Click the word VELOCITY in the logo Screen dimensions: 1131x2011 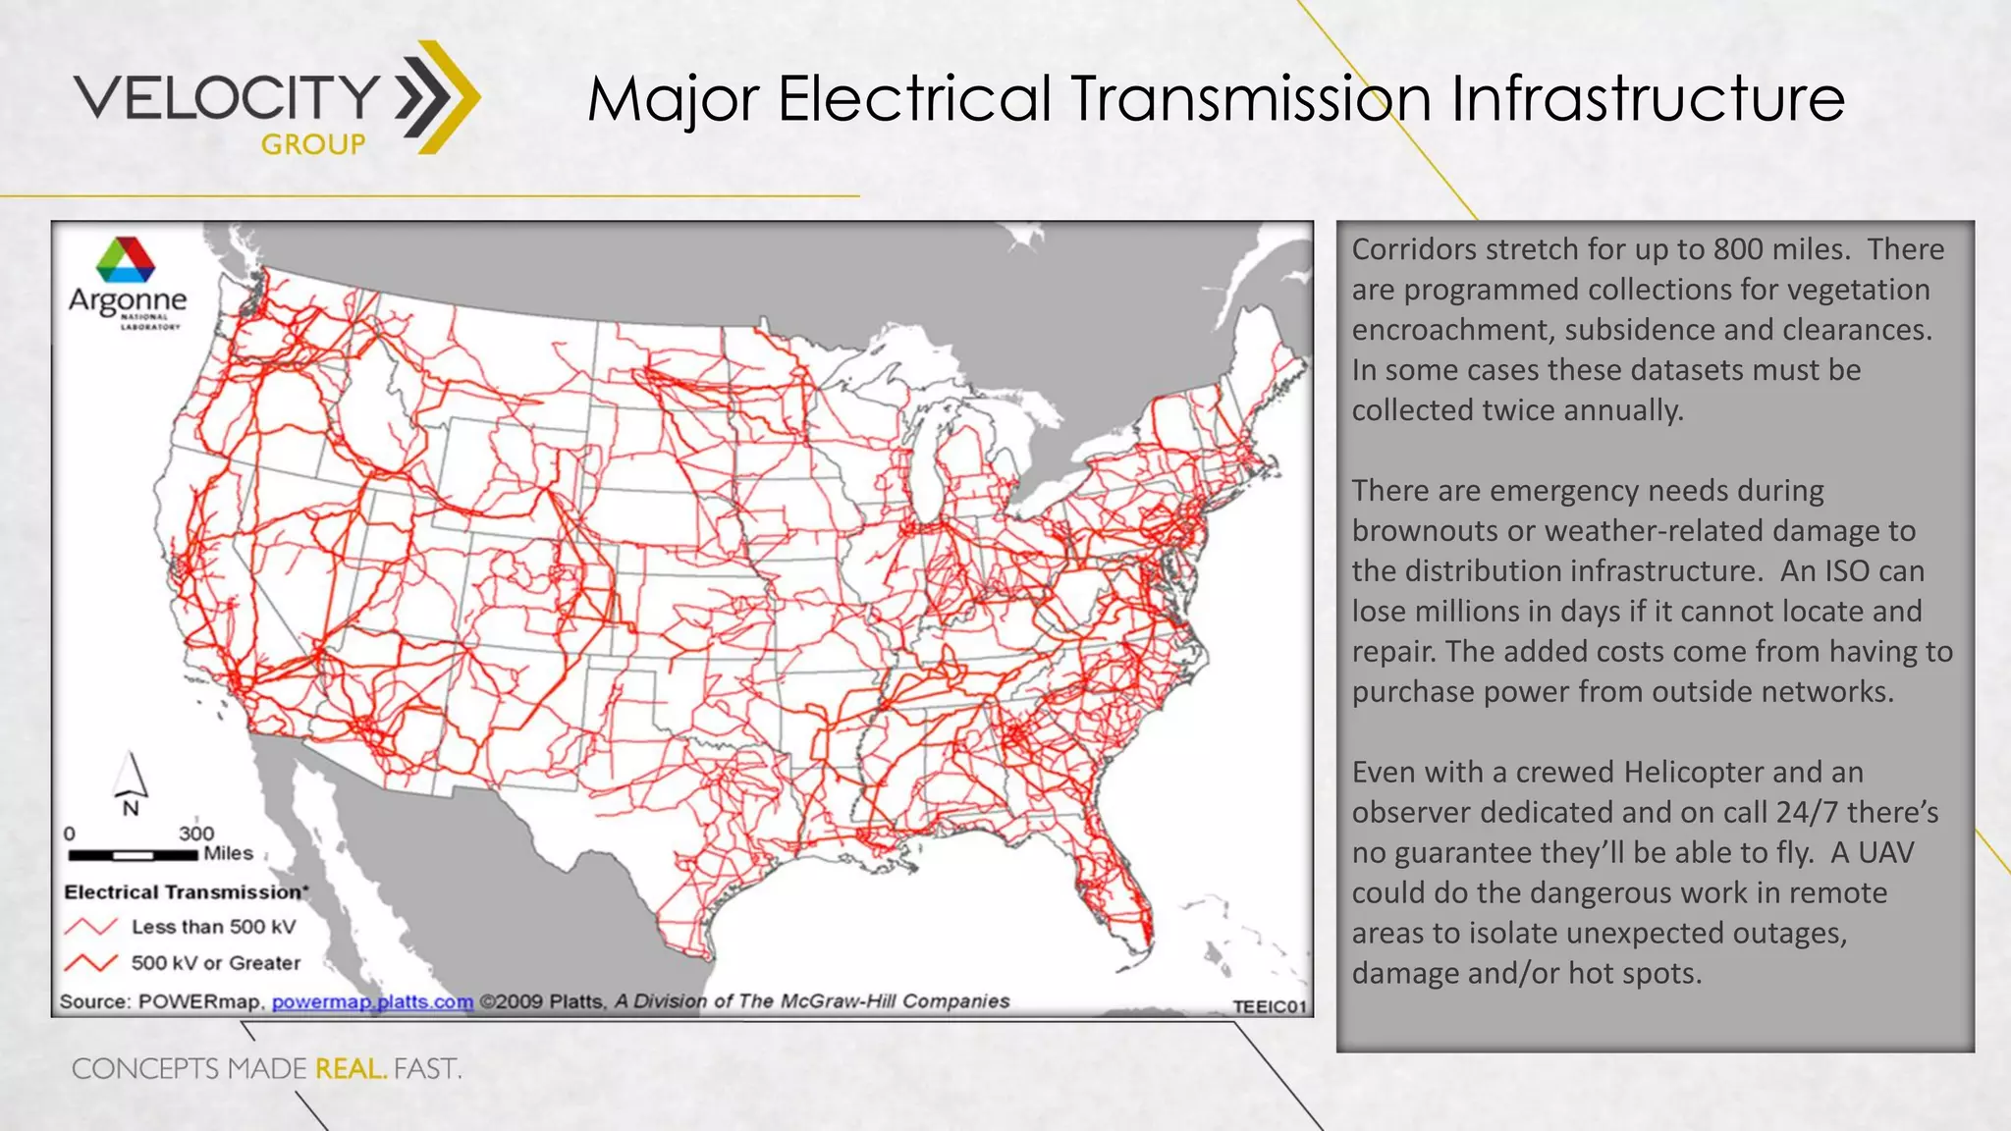pos(227,96)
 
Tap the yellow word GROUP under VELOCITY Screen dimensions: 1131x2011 pos(313,145)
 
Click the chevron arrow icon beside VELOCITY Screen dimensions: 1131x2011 pos(438,97)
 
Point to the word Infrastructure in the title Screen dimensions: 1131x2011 pos(1648,99)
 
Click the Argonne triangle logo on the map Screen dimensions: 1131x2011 pos(126,259)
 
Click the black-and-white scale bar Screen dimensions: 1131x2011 pos(133,855)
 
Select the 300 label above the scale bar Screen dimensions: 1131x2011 pos(196,834)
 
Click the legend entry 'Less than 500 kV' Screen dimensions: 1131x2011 pos(213,927)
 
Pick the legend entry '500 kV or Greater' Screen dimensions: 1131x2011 pos(216,963)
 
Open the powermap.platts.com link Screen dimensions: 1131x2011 pos(372,1001)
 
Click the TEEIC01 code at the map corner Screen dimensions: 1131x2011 pos(1270,1006)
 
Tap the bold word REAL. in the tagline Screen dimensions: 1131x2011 pos(351,1068)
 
